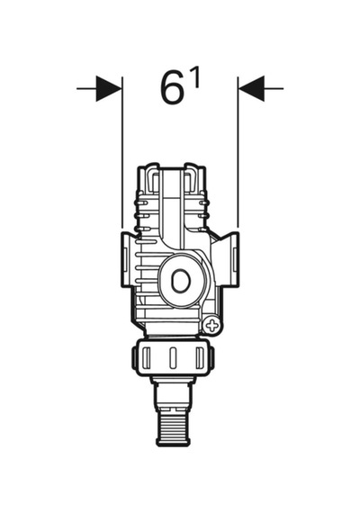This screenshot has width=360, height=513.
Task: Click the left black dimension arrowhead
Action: [x=109, y=88]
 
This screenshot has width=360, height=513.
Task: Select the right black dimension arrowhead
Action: [x=251, y=88]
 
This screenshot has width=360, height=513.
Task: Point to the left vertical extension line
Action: [x=122, y=152]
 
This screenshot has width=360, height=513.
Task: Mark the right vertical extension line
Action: [x=238, y=152]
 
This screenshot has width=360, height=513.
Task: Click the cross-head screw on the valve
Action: [x=212, y=326]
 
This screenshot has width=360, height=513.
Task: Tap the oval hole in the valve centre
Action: [x=180, y=282]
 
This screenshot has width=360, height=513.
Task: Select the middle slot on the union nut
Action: [x=173, y=357]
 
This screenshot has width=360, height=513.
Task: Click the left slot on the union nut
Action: [x=147, y=357]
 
